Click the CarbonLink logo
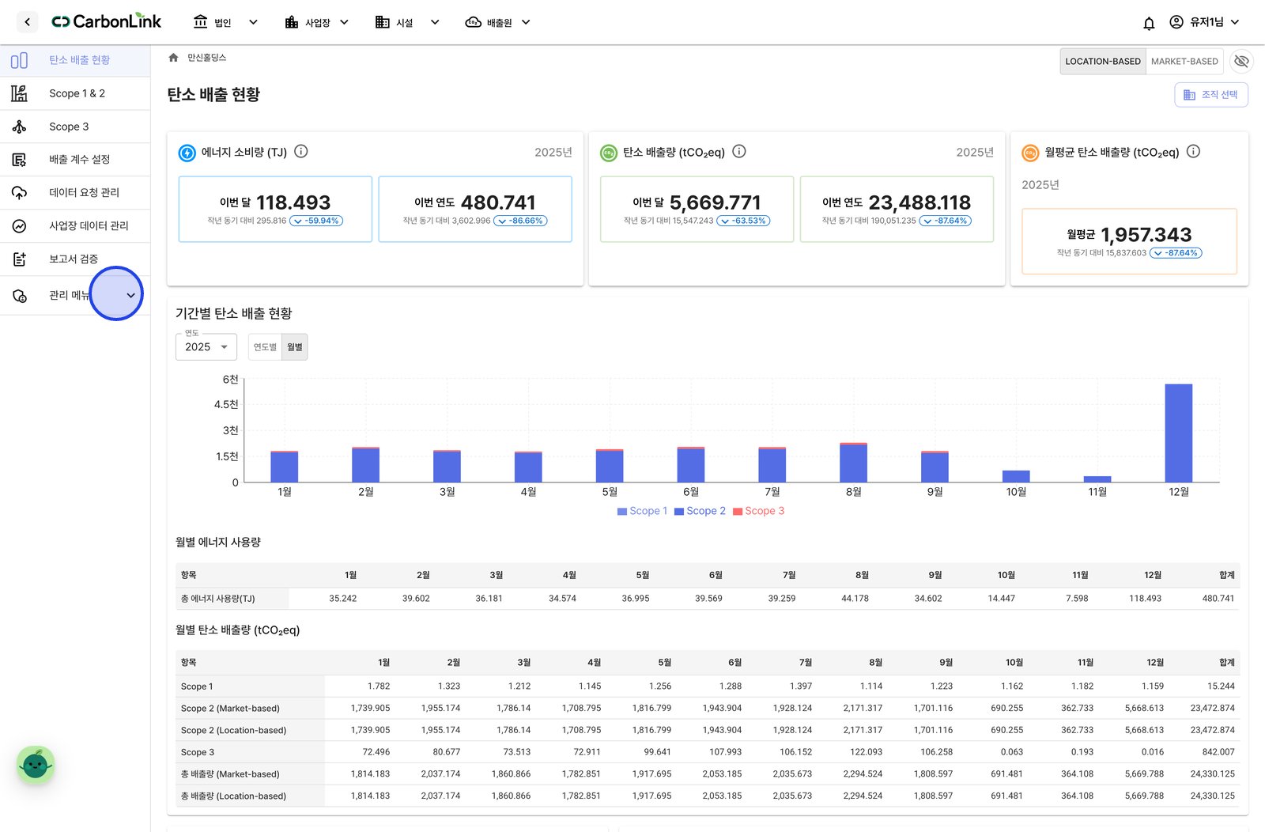point(106,21)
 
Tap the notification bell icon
point(1149,23)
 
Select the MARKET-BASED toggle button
point(1184,61)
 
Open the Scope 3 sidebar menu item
point(69,127)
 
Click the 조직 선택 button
point(1210,94)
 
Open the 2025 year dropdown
point(206,347)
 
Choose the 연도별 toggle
point(265,347)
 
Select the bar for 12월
point(1179,433)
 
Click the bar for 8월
point(853,463)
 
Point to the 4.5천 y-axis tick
point(226,404)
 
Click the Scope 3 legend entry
point(758,511)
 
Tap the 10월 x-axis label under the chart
point(1016,492)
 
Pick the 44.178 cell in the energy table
point(855,598)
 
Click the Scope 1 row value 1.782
point(379,686)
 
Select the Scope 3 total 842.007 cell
point(1218,752)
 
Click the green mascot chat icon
point(36,765)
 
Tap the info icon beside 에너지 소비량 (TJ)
point(301,151)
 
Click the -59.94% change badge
point(316,221)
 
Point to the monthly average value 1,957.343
point(1146,234)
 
